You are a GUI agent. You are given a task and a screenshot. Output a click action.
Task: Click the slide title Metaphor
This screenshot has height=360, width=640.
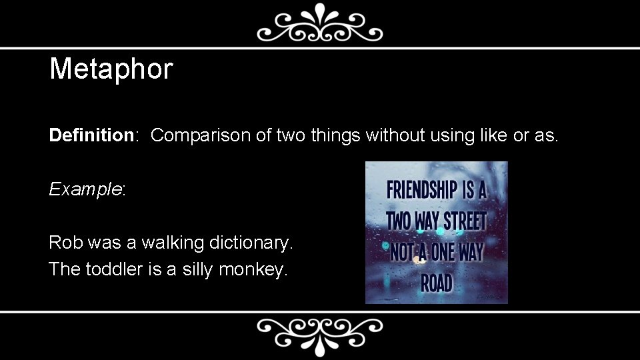pyautogui.click(x=111, y=69)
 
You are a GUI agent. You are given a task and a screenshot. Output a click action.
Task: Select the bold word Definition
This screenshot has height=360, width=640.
pyautogui.click(x=92, y=135)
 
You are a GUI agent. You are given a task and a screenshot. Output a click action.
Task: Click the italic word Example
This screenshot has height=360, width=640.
pyautogui.click(x=85, y=189)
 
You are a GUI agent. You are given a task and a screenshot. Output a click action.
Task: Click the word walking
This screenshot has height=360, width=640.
pyautogui.click(x=167, y=243)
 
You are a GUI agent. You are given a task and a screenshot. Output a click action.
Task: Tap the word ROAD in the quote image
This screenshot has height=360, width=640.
pyautogui.click(x=437, y=283)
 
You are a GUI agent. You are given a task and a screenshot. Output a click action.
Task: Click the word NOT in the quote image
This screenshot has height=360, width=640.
pyautogui.click(x=401, y=252)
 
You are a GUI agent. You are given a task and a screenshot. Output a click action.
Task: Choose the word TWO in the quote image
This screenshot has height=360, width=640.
pyautogui.click(x=399, y=221)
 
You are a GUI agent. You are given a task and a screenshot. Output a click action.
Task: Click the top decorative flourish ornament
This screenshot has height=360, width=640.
pyautogui.click(x=320, y=24)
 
